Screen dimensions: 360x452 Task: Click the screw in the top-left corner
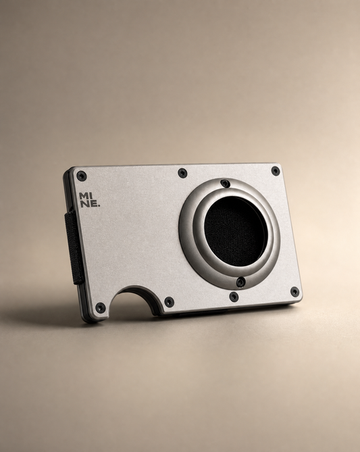point(82,176)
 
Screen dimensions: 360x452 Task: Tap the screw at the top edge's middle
point(182,173)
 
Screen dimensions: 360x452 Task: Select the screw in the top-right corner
point(276,171)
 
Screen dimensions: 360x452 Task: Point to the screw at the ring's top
point(225,184)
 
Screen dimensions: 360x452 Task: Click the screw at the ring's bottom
point(240,282)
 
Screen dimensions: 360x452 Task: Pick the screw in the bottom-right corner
point(294,292)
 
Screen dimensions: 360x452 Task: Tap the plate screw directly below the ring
point(234,297)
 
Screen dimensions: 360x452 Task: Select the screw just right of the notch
point(169,302)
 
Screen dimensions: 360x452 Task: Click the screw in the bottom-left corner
point(101,308)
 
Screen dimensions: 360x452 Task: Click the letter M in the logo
point(82,196)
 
